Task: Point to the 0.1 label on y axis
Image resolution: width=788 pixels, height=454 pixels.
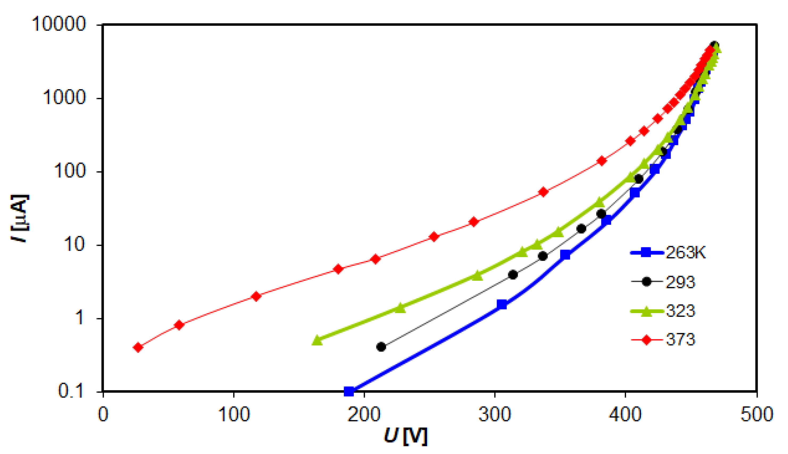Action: [71, 391]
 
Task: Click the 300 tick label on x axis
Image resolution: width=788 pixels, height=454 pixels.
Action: [495, 414]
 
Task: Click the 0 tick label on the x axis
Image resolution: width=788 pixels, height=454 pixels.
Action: [103, 414]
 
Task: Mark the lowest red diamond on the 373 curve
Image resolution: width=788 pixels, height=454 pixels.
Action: [138, 347]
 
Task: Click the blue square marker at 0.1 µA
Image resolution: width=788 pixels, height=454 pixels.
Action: [349, 391]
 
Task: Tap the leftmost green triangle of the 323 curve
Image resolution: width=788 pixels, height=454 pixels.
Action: [317, 340]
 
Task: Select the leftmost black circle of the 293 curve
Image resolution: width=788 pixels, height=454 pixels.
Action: [381, 347]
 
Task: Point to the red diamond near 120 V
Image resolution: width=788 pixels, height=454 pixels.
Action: [256, 296]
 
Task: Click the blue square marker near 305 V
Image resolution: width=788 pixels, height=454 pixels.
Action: [502, 304]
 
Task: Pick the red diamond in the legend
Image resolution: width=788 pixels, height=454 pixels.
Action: [647, 340]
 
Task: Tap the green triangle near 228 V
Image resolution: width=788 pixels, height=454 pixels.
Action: [400, 308]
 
